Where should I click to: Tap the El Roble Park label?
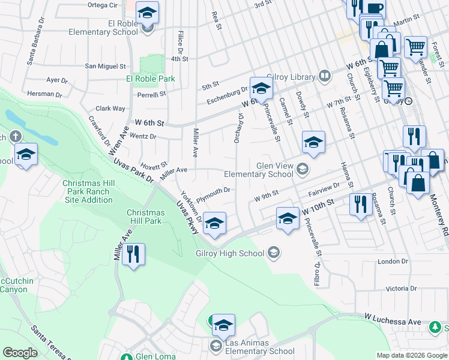[x=150, y=79]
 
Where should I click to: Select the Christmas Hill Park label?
[x=146, y=217]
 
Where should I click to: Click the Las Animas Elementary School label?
[x=260, y=351]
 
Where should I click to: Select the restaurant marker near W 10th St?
[x=360, y=203]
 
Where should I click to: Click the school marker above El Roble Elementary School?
[x=146, y=13]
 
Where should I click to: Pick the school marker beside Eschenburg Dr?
[x=261, y=89]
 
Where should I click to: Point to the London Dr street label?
[x=393, y=262]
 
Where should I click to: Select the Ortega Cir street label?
[x=102, y=5]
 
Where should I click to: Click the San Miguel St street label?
[x=105, y=66]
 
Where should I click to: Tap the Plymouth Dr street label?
[x=214, y=193]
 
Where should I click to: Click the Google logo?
[x=20, y=353]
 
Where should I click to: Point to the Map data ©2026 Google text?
[x=411, y=355]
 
